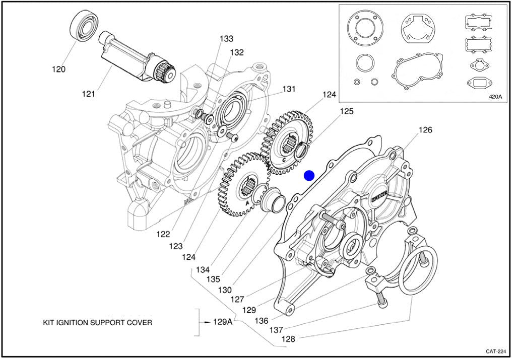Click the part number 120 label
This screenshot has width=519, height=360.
click(58, 69)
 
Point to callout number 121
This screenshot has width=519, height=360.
click(89, 94)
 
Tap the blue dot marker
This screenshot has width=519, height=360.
click(309, 175)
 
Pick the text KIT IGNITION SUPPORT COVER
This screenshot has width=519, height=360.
click(97, 322)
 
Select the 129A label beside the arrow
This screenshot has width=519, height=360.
click(222, 322)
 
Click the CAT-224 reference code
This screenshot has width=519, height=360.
click(496, 351)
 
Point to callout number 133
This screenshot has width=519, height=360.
click(226, 39)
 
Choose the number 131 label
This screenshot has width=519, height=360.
click(288, 89)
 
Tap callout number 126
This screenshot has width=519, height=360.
click(425, 130)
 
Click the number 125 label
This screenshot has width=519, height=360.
click(346, 111)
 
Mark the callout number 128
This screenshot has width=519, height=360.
click(288, 339)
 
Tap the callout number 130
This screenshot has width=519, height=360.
click(225, 290)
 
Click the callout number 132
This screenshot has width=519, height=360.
click(237, 52)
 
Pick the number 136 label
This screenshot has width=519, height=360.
click(262, 320)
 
